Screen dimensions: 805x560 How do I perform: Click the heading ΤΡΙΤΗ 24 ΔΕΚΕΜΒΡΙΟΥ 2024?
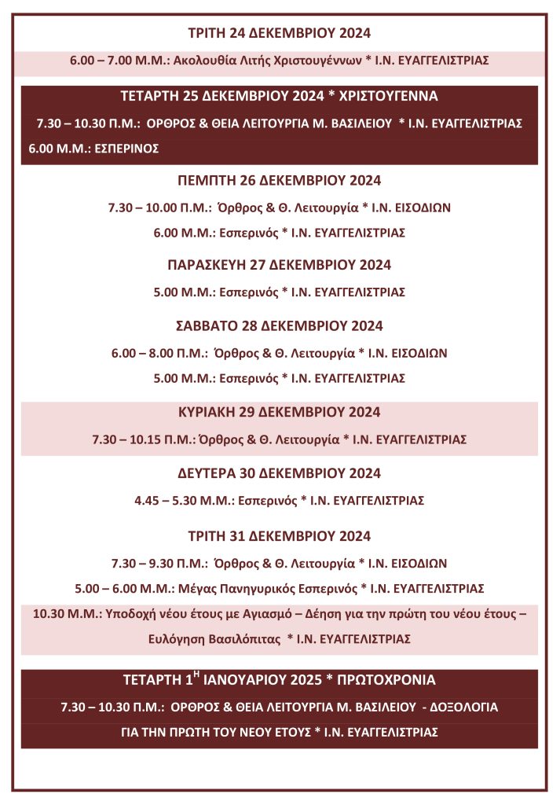coord(280,33)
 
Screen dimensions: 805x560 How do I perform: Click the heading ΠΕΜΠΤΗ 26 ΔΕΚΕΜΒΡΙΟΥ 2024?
coord(280,181)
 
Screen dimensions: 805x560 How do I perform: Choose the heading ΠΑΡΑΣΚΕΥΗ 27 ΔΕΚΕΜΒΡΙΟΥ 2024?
coord(280,265)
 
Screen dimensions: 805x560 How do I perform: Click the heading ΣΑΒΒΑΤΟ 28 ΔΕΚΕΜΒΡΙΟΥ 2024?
coord(280,325)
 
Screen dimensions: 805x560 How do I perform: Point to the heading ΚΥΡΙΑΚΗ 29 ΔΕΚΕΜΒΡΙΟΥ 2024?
coord(280,412)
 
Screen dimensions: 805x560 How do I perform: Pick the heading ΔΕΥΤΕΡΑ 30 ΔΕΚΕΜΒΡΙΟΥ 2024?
coord(280,473)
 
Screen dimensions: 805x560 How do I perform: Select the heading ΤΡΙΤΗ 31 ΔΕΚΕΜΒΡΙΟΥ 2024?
coord(280,537)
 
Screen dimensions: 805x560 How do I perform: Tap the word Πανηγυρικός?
coord(258,588)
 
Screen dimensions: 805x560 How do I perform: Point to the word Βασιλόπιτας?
coord(247,639)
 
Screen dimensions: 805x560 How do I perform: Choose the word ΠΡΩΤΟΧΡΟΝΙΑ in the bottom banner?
coord(385,680)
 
